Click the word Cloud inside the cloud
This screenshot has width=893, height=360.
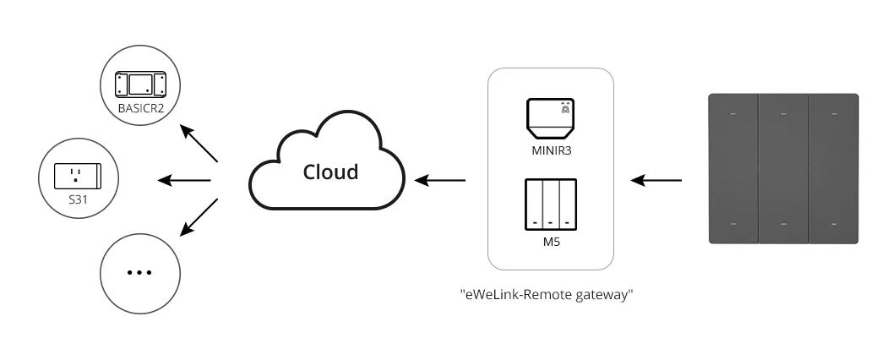pos(330,172)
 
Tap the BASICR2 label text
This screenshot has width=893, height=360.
pos(141,107)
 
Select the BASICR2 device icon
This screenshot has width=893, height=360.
pos(141,85)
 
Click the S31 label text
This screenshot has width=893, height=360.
pos(78,199)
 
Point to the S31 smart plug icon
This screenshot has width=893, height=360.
pos(78,176)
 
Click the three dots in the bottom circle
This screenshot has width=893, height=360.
pos(139,272)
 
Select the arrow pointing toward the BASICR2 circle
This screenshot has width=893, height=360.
pos(199,143)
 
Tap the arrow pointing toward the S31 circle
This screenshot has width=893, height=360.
pos(184,181)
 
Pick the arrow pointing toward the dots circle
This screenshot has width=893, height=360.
pos(199,217)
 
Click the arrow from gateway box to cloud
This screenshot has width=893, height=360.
pos(440,181)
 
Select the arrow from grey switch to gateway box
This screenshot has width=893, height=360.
pos(656,181)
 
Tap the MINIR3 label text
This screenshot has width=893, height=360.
pos(550,151)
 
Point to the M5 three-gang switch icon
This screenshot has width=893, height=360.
pos(551,205)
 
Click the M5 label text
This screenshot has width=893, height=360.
pos(551,242)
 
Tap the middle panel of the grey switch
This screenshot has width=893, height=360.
pos(784,169)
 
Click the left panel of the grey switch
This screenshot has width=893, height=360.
pos(733,169)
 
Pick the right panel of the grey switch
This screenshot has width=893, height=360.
pos(834,169)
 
